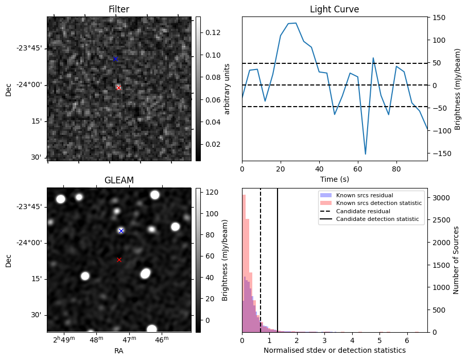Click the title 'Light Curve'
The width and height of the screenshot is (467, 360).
pyautogui.click(x=334, y=9)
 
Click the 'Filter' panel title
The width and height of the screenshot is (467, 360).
pyautogui.click(x=119, y=9)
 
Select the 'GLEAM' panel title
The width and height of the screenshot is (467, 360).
pyautogui.click(x=119, y=180)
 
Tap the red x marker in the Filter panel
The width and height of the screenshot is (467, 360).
pyautogui.click(x=118, y=88)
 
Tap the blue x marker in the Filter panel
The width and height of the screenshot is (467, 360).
pyautogui.click(x=115, y=59)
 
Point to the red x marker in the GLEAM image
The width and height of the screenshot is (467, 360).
pyautogui.click(x=119, y=260)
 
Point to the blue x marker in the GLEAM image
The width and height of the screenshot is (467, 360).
pyautogui.click(x=121, y=231)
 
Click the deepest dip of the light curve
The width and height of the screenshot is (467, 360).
pyautogui.click(x=366, y=153)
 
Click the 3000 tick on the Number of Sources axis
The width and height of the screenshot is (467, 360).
pyautogui.click(x=439, y=198)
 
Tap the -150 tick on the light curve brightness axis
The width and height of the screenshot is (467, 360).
pyautogui.click(x=438, y=153)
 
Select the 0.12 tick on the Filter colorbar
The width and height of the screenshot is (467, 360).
pyautogui.click(x=210, y=32)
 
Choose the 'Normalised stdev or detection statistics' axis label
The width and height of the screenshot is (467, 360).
pyautogui.click(x=334, y=350)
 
